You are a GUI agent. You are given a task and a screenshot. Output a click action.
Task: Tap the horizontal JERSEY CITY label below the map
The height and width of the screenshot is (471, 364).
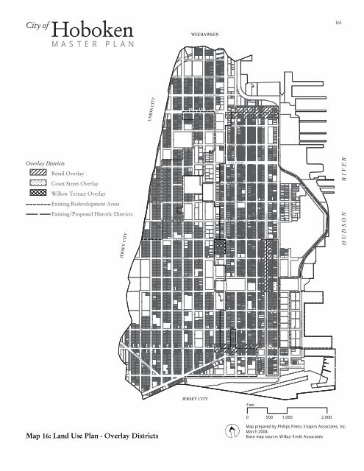(195, 398)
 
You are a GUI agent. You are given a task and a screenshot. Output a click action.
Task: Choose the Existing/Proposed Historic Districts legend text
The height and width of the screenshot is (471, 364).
(93, 213)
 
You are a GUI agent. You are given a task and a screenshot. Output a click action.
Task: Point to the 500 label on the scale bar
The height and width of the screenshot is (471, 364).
(266, 417)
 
